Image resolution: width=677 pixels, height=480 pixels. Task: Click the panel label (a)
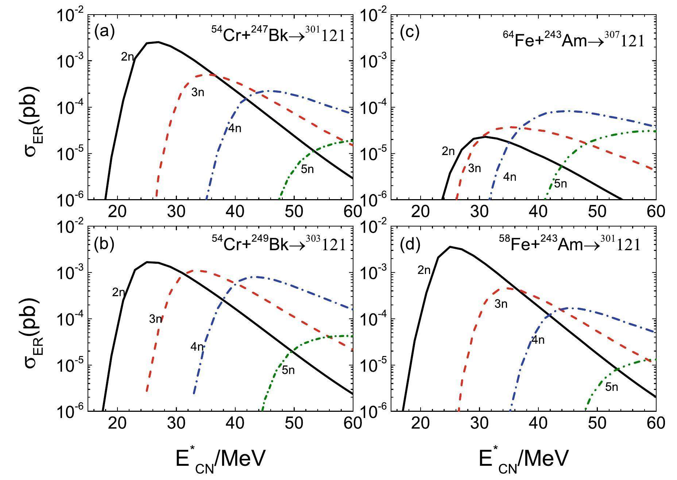coord(104,32)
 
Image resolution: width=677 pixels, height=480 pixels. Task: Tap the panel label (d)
coord(410,245)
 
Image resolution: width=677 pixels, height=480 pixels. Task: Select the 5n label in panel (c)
coord(561,183)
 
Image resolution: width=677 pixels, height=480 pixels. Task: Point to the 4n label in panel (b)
coord(197,347)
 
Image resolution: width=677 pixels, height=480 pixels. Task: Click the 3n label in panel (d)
coord(501,304)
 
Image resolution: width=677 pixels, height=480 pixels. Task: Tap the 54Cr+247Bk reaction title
coord(278,36)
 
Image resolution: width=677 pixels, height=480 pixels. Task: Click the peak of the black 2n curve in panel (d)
coord(450,247)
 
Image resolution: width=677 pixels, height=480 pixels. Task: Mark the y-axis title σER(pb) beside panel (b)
coord(33,319)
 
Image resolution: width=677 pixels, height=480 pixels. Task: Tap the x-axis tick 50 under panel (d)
coord(597,423)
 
